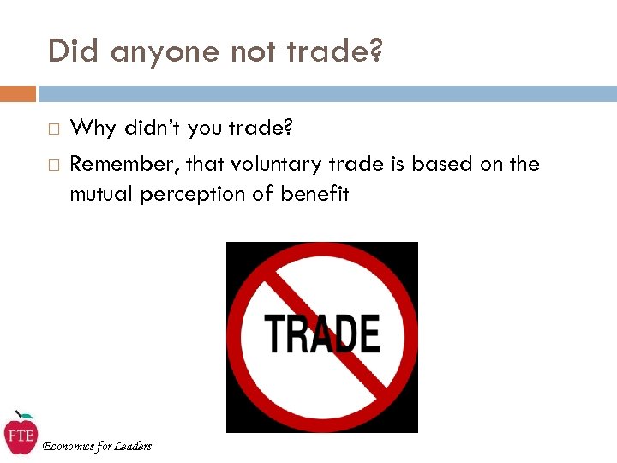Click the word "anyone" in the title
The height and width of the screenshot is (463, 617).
point(165,52)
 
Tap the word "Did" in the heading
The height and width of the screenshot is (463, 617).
point(71,51)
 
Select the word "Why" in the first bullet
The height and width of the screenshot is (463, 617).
point(93,129)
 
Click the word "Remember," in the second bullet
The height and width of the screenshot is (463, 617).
point(123,164)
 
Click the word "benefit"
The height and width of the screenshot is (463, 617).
point(314,194)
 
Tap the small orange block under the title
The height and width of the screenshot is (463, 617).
point(18,93)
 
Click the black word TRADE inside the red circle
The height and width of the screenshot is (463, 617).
point(321,334)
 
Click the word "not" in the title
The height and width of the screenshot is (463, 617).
point(257,52)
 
